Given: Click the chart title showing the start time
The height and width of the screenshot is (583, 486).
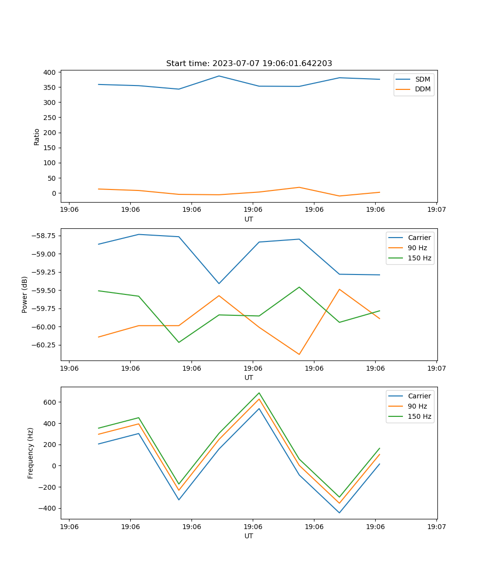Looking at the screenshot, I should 249,64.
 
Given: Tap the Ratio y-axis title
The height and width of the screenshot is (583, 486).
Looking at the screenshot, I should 37,137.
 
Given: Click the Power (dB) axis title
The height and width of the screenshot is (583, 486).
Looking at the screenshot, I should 25,294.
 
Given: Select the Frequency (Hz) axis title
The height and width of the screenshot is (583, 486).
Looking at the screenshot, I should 31,453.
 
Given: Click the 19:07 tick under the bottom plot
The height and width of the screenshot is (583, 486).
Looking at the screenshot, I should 436,526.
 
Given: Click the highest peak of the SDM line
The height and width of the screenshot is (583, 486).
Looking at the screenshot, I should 219,76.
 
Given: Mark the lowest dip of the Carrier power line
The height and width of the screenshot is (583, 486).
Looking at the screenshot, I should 219,283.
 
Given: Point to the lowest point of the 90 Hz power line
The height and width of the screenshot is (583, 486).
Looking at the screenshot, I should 299,354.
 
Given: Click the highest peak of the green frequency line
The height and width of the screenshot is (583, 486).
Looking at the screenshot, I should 259,393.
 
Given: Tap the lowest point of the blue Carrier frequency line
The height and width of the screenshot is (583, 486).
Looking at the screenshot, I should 339,513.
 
